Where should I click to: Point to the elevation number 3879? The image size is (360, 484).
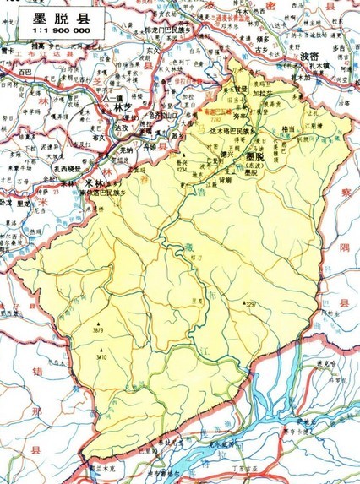click(x=99, y=330)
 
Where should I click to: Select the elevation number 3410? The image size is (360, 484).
click(x=101, y=357)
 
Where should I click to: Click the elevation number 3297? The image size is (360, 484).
click(x=251, y=304)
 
